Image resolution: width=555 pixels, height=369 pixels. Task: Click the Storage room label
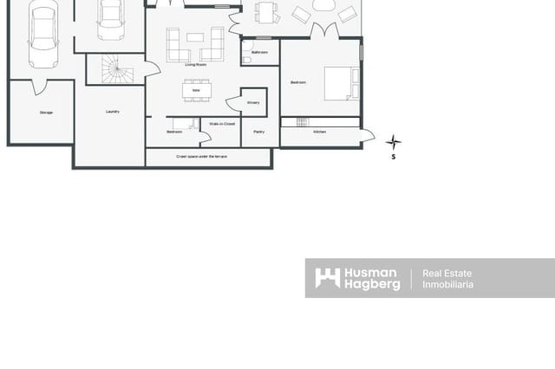click(x=46, y=113)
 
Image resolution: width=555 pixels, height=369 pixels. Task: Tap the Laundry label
click(x=112, y=112)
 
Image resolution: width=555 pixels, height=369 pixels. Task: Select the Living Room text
click(x=196, y=64)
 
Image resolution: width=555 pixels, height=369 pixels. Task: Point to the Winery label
click(x=252, y=103)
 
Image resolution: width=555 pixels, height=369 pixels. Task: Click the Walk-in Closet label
click(x=223, y=124)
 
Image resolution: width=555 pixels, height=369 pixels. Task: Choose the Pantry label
click(x=258, y=132)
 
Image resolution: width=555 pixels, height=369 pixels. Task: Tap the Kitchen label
click(x=319, y=132)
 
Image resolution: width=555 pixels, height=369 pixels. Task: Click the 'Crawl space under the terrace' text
click(x=207, y=157)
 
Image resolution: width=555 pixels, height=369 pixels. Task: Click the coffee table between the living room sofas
click(x=195, y=37)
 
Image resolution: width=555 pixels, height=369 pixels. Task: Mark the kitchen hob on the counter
click(x=302, y=122)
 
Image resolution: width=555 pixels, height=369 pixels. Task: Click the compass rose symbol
click(x=393, y=142)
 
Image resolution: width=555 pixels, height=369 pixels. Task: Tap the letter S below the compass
click(x=393, y=158)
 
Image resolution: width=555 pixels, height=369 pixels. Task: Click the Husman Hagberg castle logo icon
click(x=327, y=278)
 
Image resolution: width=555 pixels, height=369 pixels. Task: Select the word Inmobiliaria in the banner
click(x=447, y=284)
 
